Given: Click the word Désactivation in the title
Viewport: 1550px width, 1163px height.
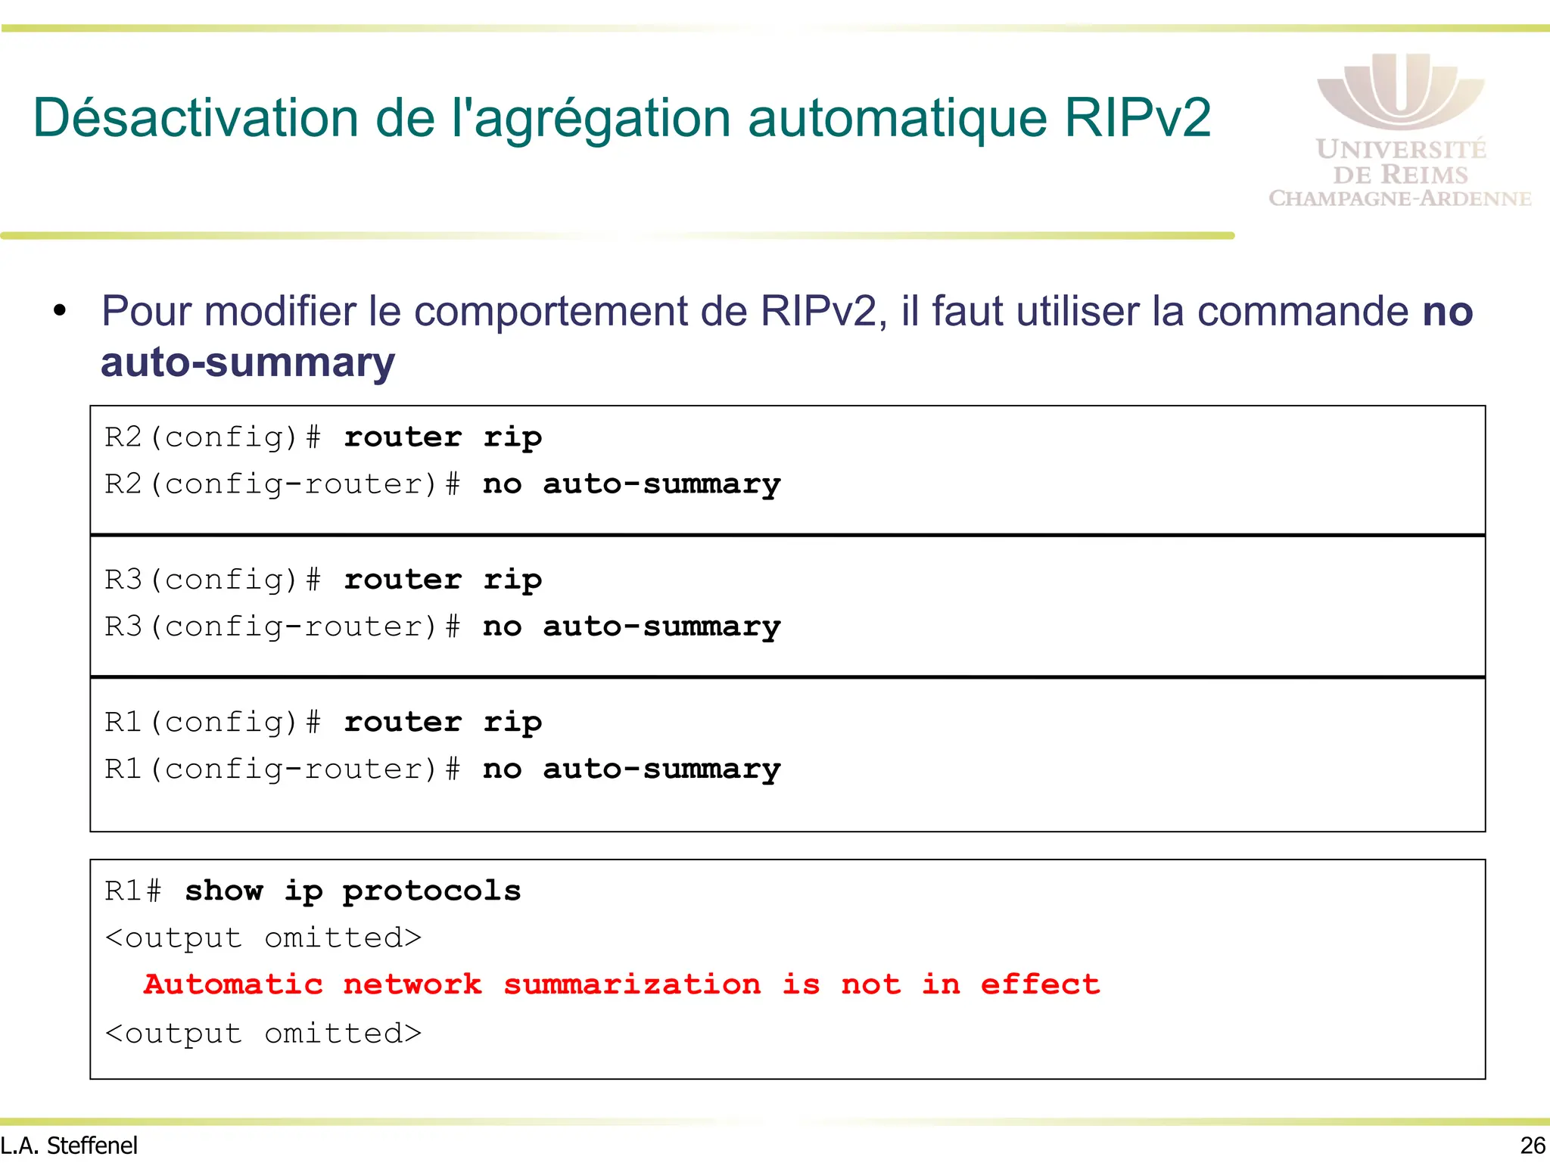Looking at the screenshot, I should point(195,118).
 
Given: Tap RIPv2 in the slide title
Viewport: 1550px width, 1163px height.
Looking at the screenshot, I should point(1137,118).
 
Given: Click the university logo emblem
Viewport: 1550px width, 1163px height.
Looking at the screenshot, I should point(1400,91).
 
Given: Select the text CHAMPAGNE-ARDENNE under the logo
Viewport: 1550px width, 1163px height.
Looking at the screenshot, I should point(1400,198).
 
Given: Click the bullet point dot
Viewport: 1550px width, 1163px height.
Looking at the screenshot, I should point(61,311).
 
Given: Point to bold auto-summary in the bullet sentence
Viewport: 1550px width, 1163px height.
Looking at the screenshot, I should point(247,362).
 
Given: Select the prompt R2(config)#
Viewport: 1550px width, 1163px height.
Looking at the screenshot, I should point(213,437).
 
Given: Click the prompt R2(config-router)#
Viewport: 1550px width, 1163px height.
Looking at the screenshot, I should point(282,484).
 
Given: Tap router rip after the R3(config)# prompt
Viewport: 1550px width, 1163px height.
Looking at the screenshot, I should point(443,580).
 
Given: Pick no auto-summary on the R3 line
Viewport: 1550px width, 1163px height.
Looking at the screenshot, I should point(631,627).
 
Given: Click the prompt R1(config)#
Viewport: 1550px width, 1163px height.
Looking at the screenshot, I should point(213,722).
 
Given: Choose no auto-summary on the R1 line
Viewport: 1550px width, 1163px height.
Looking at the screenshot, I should point(631,769).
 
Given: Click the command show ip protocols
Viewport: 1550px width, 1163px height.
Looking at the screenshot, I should point(353,891).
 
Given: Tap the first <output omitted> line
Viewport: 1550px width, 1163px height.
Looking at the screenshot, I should point(263,938).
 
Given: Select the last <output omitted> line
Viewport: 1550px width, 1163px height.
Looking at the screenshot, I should point(263,1033).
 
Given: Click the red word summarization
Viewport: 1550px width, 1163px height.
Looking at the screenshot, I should point(632,984).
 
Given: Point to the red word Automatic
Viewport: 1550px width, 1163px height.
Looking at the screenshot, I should point(233,984).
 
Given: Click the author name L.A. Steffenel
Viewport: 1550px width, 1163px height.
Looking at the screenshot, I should point(69,1146).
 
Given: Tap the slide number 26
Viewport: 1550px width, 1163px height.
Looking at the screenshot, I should point(1533,1146).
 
